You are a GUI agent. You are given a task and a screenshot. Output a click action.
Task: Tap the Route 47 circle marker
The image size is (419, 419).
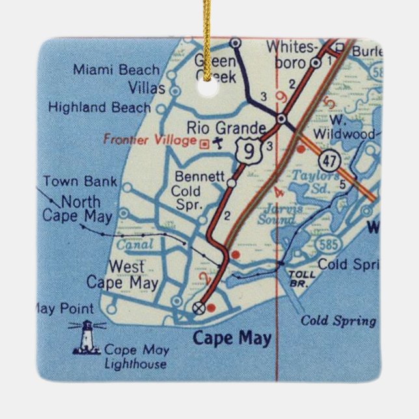tap(328, 159)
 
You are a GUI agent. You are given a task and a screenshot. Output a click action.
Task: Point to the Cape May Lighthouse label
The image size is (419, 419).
tap(135, 357)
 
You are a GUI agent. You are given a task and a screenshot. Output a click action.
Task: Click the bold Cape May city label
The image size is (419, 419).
tap(232, 338)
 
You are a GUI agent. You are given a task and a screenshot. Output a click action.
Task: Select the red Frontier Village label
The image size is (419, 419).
tap(150, 140)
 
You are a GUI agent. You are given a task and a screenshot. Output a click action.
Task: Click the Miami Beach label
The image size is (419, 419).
tap(116, 70)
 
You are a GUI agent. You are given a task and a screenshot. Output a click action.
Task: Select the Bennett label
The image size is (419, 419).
tap(200, 176)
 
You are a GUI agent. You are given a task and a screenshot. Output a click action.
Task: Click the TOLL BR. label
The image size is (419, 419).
tap(301, 278)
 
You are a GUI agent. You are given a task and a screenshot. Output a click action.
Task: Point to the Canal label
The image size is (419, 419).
tap(135, 245)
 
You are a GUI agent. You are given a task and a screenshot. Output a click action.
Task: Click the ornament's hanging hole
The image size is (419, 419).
tap(210, 89)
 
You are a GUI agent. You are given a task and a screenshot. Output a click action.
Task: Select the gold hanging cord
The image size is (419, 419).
tap(209, 46)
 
